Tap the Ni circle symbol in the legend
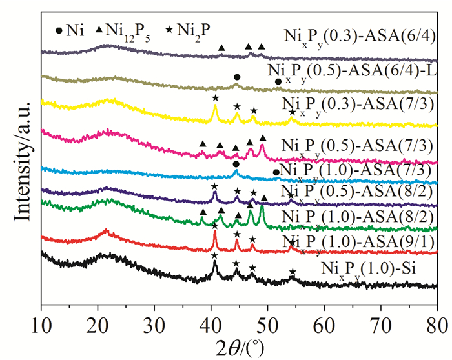pyautogui.click(x=60, y=30)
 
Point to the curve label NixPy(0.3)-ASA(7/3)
pyautogui.click(x=362, y=105)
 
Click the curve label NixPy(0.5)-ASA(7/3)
pyautogui.click(x=362, y=144)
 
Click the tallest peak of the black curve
pyautogui.click(x=214, y=263)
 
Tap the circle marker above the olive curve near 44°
pyautogui.click(x=237, y=77)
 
